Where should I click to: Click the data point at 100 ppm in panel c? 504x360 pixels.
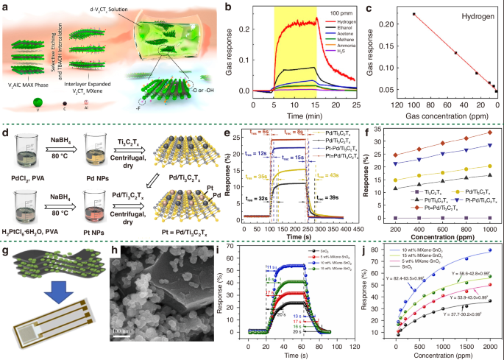tap(415, 14)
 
